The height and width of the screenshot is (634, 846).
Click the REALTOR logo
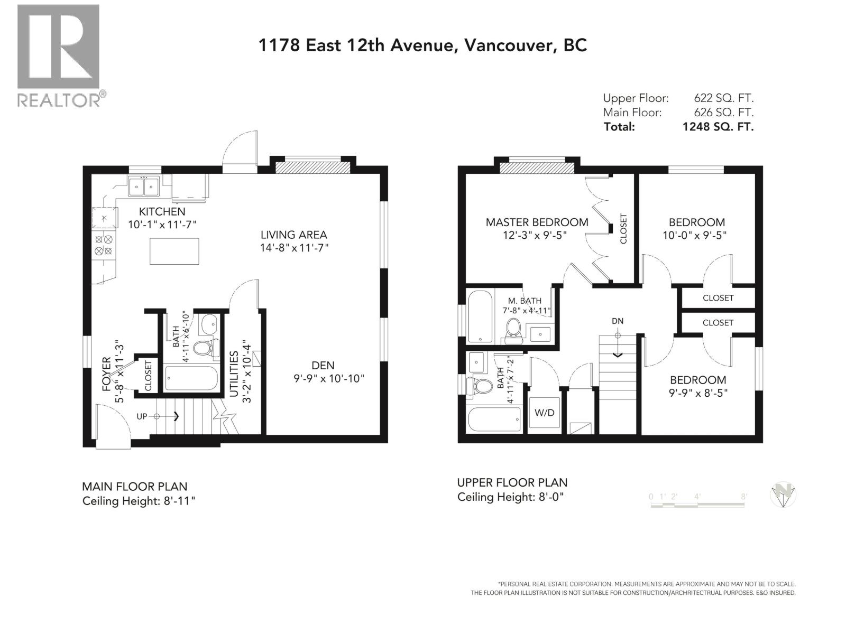[58, 55]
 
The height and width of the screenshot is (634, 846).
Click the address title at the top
[422, 45]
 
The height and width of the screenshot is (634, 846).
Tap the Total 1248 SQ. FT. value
[718, 127]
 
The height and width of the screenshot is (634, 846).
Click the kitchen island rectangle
[174, 251]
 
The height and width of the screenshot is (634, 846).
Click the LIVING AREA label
[294, 235]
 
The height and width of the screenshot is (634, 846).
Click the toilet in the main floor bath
[206, 348]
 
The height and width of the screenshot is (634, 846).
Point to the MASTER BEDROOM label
[537, 222]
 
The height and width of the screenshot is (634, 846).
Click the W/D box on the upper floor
[544, 413]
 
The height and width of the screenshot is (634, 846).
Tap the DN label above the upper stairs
[618, 321]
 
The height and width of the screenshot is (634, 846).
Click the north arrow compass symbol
[783, 496]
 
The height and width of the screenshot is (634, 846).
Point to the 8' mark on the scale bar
[744, 497]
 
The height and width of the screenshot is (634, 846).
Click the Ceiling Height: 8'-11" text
[139, 501]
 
